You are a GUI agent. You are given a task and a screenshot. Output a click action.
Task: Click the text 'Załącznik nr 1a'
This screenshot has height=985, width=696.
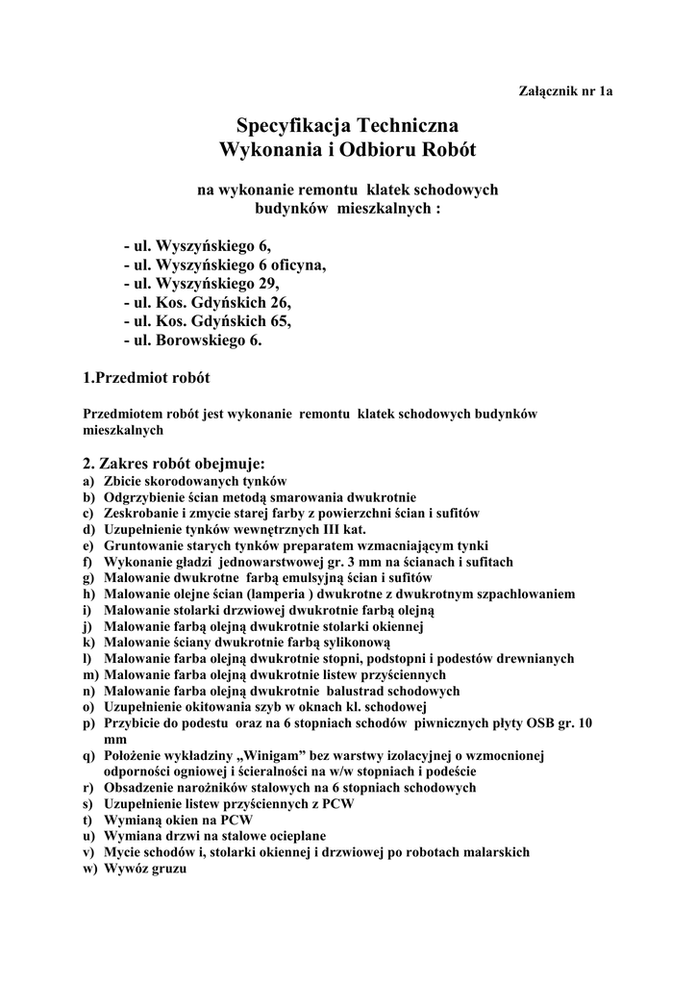coord(565,91)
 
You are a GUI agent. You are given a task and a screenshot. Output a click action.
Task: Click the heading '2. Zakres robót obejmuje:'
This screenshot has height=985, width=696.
coord(174,464)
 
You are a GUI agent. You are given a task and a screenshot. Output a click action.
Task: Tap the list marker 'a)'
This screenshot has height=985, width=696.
coord(88,481)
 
